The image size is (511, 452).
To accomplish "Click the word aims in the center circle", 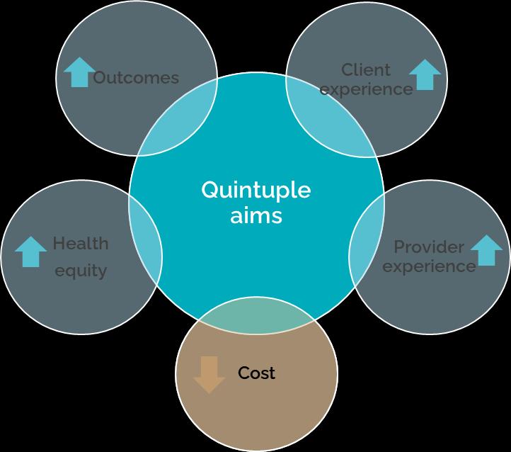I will tap(255, 215).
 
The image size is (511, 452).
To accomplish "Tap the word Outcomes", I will tap(136, 77).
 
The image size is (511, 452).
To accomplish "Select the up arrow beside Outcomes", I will tap(78, 72).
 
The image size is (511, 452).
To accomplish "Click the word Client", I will tap(366, 69).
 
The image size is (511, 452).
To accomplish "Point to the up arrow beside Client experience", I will tap(425, 75).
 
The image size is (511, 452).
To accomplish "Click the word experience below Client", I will tap(366, 89).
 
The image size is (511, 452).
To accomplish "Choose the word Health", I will tap(81, 244).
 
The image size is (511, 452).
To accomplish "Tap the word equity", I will tap(81, 270).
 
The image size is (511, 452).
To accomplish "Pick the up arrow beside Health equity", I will tap(31, 252).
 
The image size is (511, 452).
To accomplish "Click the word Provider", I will tap(429, 247).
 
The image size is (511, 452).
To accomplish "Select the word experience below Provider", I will tap(430, 266).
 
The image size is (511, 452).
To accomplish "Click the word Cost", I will tap(256, 373).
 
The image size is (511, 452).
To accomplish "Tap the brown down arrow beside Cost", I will tap(209, 375).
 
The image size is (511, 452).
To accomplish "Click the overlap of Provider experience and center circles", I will tap(366, 237).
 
